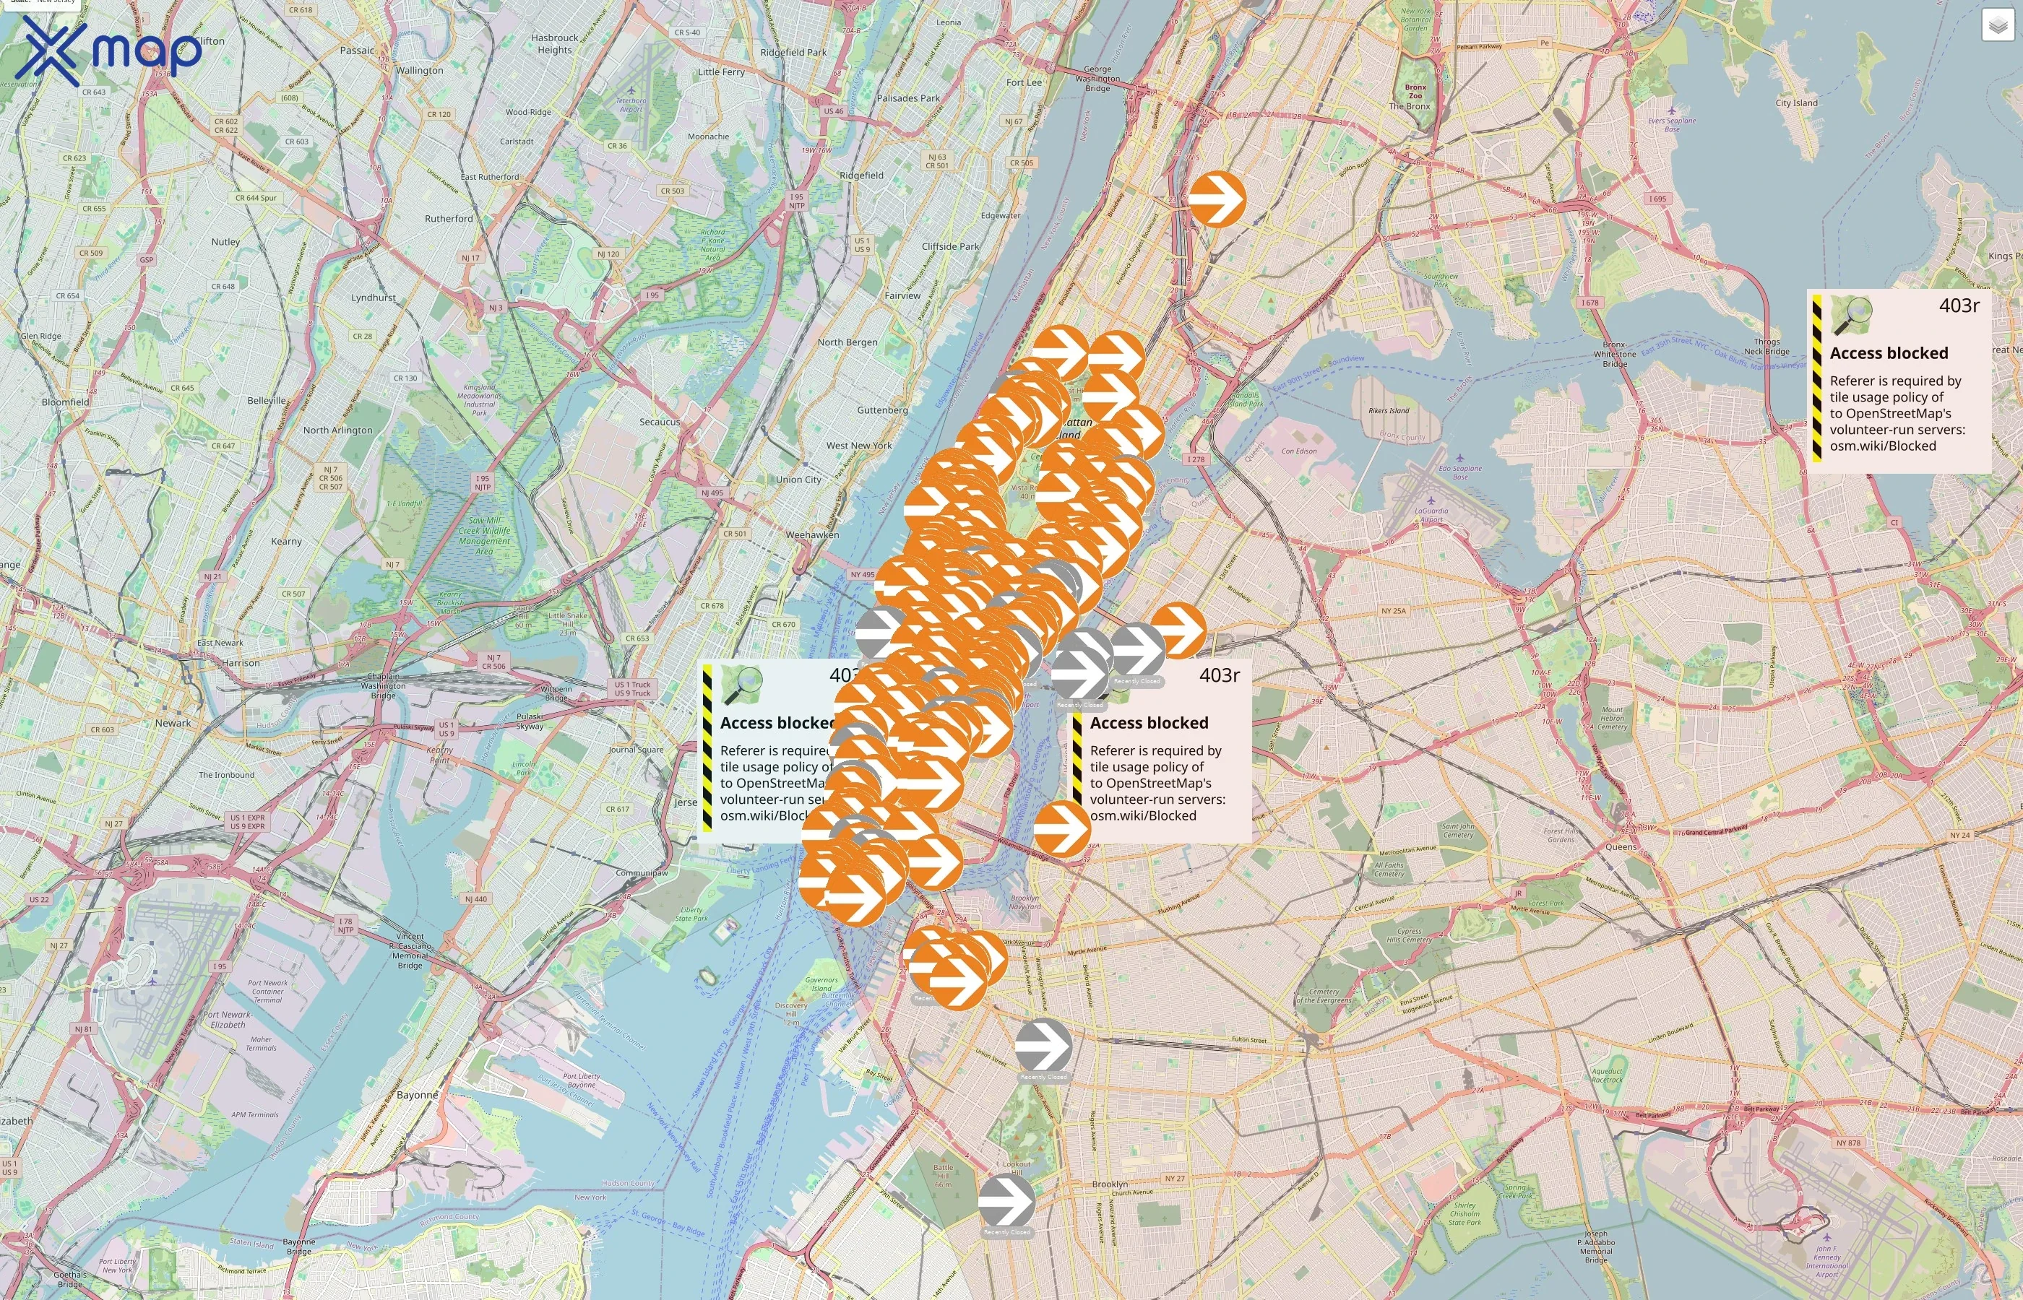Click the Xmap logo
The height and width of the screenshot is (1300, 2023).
[108, 51]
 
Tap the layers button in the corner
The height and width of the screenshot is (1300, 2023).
[1998, 25]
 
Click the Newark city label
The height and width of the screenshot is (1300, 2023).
[173, 724]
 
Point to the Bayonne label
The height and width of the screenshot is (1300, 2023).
[417, 1095]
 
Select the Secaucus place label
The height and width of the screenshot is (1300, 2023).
[660, 422]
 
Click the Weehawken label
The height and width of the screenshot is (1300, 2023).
[812, 535]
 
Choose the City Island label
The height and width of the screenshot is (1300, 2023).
[1796, 103]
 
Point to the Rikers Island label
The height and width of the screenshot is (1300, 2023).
[1388, 411]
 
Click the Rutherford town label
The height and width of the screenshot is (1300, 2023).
[449, 219]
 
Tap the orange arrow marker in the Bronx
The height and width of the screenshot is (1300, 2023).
[1217, 199]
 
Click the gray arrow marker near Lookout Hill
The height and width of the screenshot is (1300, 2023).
[1006, 1200]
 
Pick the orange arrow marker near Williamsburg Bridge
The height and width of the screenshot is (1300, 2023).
[1061, 829]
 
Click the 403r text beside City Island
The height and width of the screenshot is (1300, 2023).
[1959, 305]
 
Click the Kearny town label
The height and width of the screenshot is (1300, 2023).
[286, 542]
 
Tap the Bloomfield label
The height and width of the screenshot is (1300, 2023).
[65, 403]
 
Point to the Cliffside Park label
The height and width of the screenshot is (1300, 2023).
[951, 246]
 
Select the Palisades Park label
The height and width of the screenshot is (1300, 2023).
[907, 98]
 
